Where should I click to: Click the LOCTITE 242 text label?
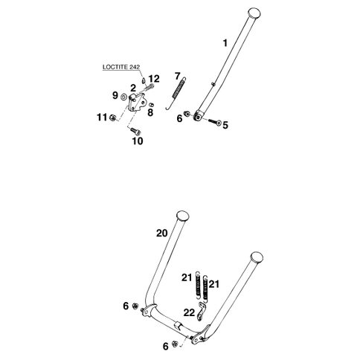tap(121, 67)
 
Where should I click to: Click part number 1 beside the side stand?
tap(225, 43)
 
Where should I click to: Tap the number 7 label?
tap(177, 76)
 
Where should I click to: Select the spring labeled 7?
tap(176, 93)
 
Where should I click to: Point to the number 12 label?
tap(154, 79)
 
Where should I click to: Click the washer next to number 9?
tap(123, 97)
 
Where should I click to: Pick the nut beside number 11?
tap(113, 118)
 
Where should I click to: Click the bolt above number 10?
tap(135, 131)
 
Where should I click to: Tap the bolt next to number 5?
tap(215, 122)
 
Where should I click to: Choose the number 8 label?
tap(150, 112)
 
